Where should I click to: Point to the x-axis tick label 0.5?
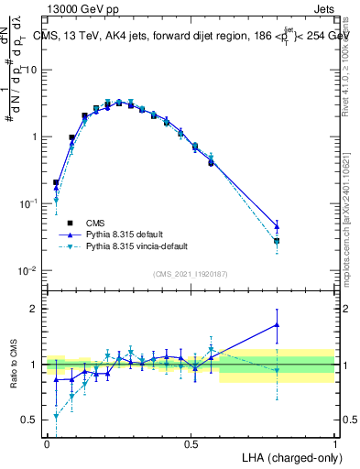[x=191, y=444]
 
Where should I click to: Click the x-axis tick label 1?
[x=334, y=444]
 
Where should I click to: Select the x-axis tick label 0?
[x=47, y=444]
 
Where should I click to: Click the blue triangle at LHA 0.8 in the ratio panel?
[x=277, y=324]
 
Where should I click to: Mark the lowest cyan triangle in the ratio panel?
[x=57, y=416]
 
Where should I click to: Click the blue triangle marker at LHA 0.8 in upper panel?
[x=277, y=225]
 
